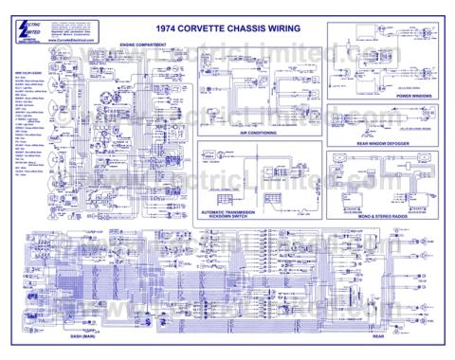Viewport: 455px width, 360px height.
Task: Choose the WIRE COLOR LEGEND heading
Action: point(29,70)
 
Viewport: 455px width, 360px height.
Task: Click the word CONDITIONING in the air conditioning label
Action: point(269,134)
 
